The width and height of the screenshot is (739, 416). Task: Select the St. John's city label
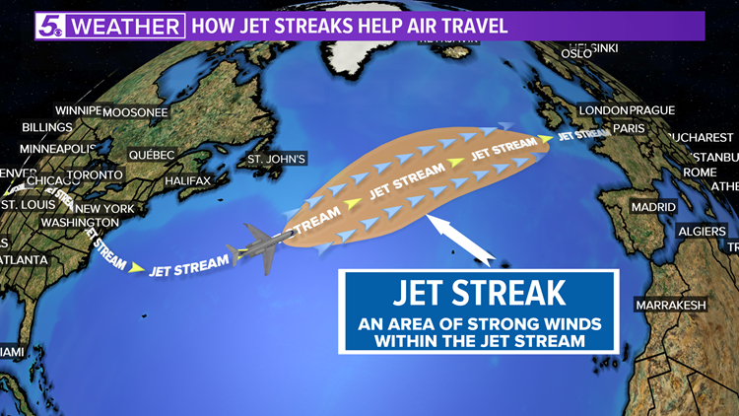[278, 158]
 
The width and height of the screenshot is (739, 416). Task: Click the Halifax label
[187, 181]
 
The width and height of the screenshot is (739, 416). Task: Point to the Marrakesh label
[671, 305]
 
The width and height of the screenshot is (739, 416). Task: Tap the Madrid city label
[654, 208]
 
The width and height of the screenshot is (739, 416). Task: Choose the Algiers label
[703, 230]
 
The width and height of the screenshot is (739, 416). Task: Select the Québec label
[150, 155]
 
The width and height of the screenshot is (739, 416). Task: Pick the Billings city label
[47, 127]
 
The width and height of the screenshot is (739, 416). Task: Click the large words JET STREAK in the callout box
[480, 292]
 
